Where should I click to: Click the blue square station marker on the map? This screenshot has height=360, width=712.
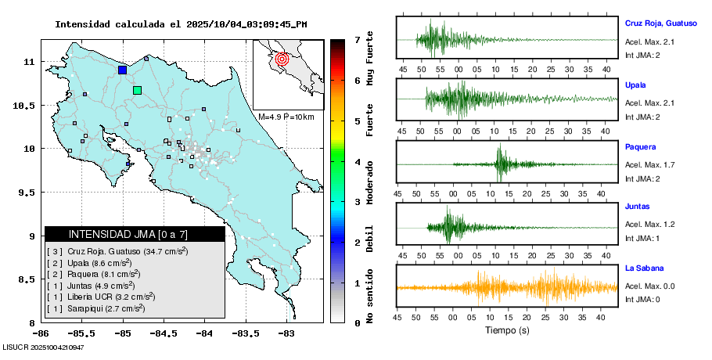122,70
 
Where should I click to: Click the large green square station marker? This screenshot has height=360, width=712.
137,90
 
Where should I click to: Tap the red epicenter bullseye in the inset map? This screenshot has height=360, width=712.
282,58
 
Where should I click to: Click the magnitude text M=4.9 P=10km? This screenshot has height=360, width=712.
286,117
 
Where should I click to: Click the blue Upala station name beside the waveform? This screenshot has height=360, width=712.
635,85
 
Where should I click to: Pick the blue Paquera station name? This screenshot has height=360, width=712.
640,146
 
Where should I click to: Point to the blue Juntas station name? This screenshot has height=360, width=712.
638,207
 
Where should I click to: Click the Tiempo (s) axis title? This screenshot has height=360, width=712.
506,330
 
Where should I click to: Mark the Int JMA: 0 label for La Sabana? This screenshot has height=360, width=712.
642,299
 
